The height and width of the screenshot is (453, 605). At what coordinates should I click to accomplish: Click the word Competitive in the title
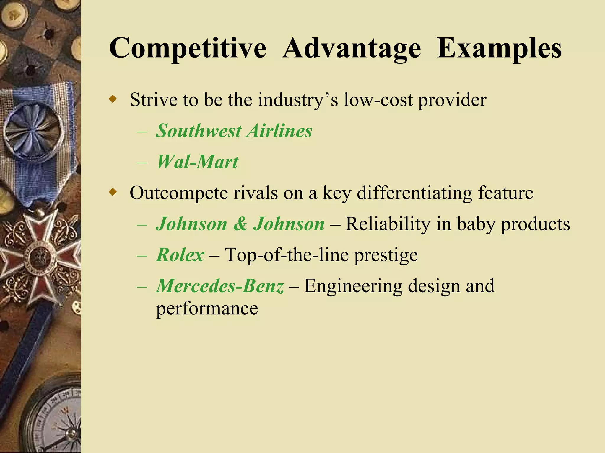point(188,48)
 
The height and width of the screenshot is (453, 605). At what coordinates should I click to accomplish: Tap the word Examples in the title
point(499,48)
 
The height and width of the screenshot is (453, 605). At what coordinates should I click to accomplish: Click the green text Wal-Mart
point(197,162)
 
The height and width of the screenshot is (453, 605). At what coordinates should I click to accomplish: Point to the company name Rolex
point(180,255)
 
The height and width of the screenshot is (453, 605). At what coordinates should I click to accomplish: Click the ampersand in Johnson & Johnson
point(240,224)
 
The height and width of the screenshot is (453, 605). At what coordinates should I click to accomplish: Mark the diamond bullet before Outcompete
point(113,193)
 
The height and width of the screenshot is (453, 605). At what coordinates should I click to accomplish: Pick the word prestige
point(386,255)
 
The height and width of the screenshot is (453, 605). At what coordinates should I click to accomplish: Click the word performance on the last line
point(207,309)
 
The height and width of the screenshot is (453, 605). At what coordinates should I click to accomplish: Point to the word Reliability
point(388,224)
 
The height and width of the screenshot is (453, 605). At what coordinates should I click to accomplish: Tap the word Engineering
point(353,286)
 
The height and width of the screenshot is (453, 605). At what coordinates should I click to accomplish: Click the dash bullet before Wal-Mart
point(142,163)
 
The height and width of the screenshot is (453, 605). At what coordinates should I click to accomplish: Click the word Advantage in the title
point(352,48)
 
